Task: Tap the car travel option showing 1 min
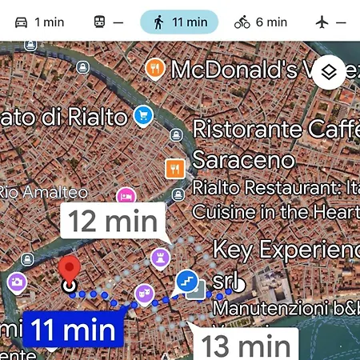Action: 39,22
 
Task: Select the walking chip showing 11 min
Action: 178,22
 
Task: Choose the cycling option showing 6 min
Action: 260,22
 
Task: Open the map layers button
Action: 330,74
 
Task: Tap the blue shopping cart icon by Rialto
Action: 143,114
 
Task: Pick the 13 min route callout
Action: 245,345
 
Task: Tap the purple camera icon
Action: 16,282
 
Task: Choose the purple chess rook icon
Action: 158,258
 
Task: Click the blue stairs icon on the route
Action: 186,281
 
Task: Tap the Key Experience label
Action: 284,250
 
